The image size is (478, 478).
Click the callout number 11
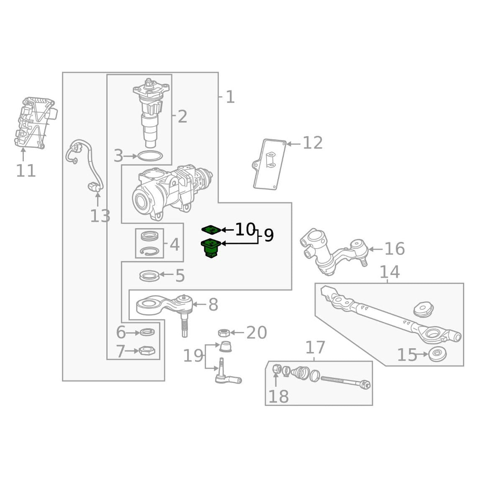point(26,171)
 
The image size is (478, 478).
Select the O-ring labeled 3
point(150,157)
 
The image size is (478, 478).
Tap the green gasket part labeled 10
point(211,229)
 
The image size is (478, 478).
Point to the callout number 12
point(313,143)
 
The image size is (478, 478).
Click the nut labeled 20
point(224,333)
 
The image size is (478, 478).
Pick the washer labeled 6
point(146,333)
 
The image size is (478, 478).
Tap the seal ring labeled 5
point(149,275)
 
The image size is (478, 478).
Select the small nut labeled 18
point(276,369)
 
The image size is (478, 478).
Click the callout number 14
point(389,272)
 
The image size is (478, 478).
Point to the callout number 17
point(315,347)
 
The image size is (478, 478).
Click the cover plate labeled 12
point(270,164)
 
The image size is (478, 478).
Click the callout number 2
point(182,117)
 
